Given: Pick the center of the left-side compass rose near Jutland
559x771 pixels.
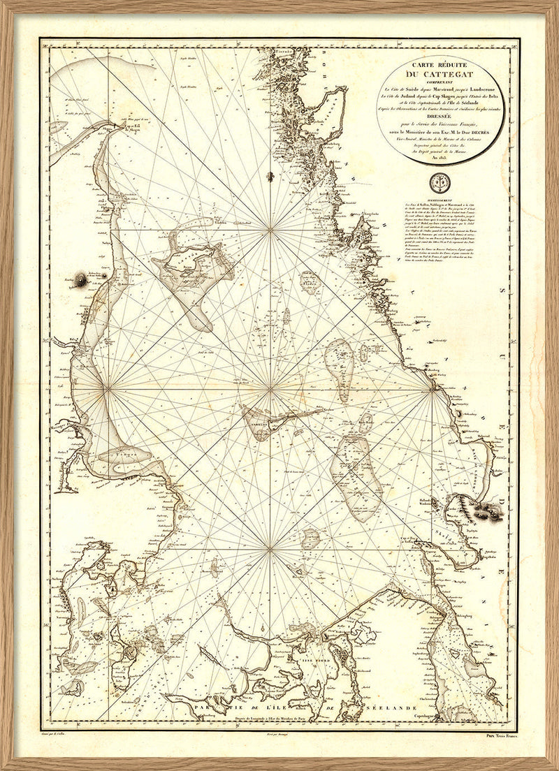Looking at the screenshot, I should (106, 386).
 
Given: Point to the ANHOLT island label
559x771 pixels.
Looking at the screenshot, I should (255, 421).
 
